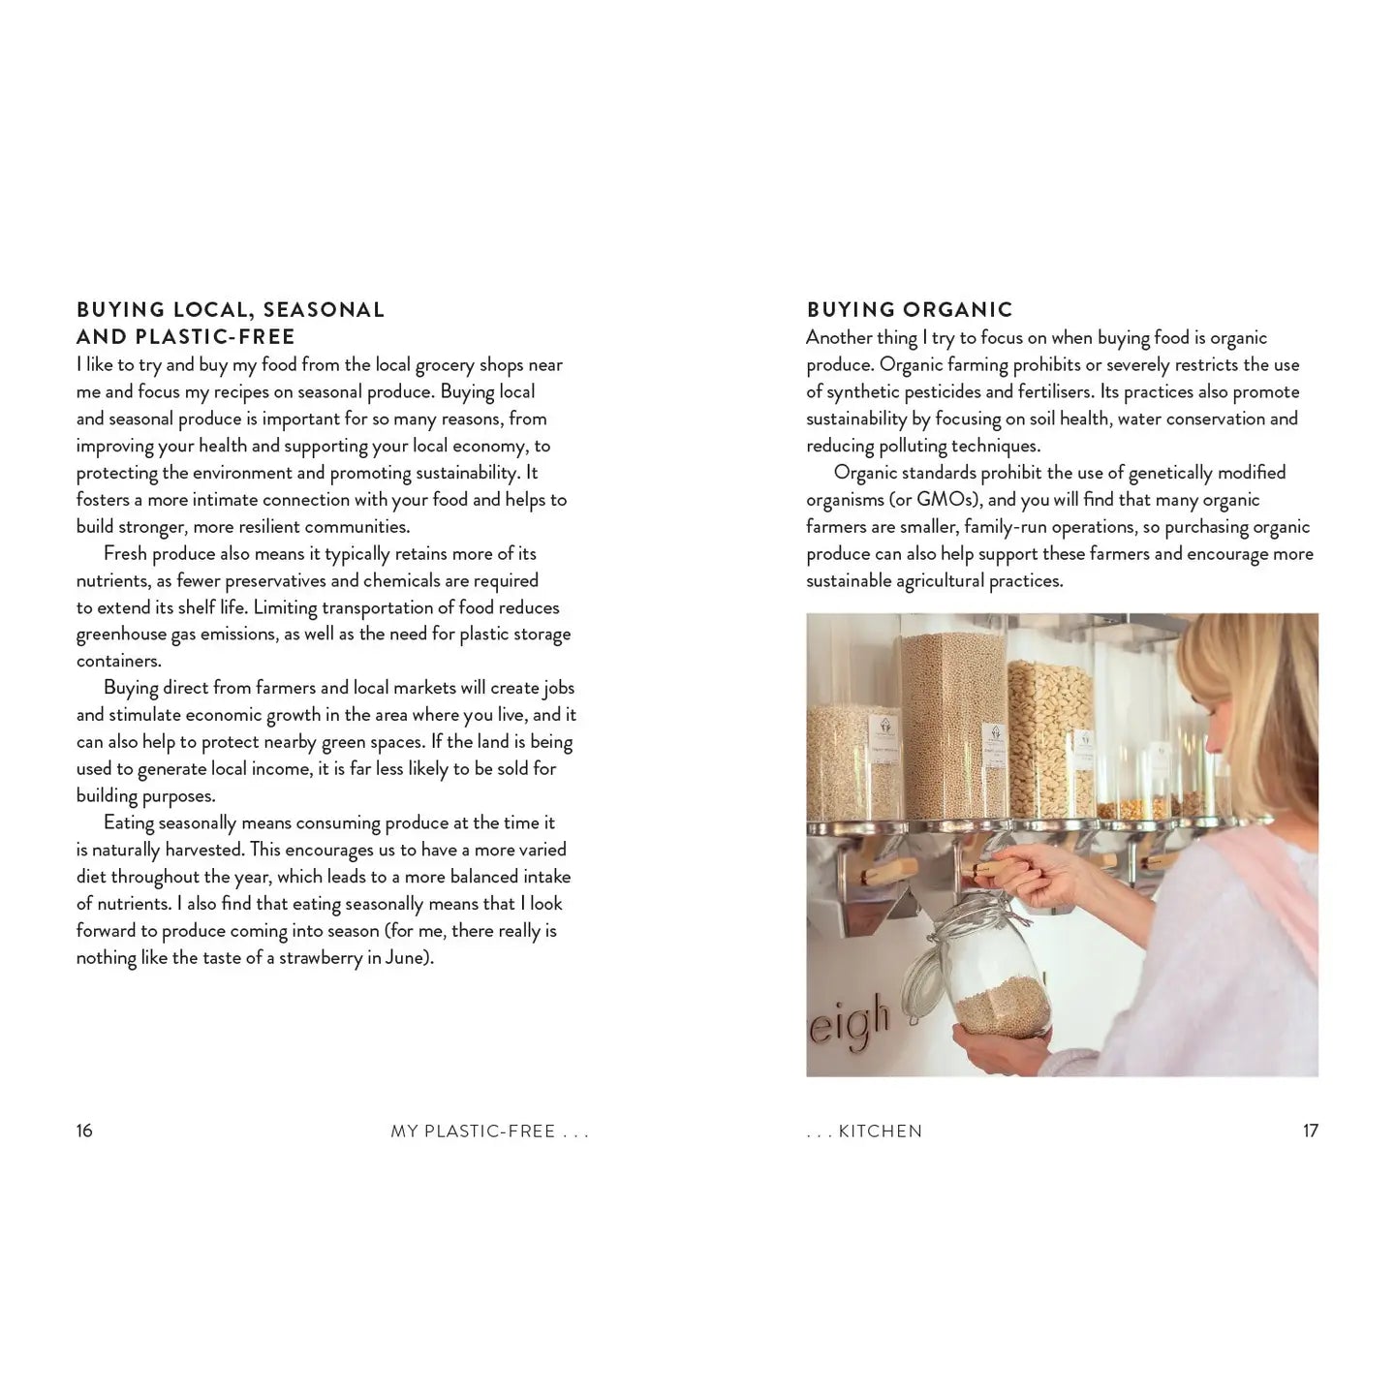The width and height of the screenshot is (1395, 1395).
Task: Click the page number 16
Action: point(84,1131)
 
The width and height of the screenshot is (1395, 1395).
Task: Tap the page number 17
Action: point(1310,1131)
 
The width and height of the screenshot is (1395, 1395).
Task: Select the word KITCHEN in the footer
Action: point(881,1131)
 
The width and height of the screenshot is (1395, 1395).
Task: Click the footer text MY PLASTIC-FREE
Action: point(473,1131)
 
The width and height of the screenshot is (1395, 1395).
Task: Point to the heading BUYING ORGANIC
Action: point(910,310)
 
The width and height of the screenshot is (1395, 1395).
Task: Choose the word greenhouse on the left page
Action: point(121,635)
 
